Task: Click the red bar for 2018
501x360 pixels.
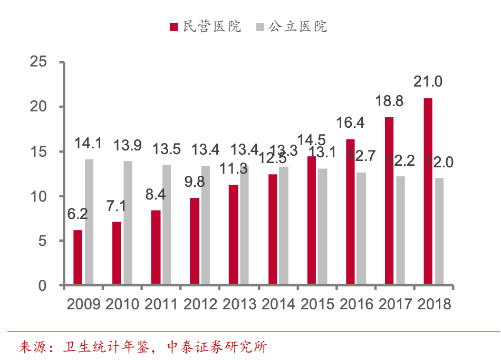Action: tap(428, 192)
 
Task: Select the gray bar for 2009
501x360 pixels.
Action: tap(89, 222)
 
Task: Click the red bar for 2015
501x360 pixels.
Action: tap(312, 221)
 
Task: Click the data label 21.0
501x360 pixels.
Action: tap(428, 82)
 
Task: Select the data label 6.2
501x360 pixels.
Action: tap(77, 214)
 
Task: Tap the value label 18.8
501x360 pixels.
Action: tap(389, 101)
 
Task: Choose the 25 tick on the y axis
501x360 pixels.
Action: tap(40, 62)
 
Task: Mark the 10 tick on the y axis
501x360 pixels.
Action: tap(40, 196)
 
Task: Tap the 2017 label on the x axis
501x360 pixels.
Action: tap(395, 305)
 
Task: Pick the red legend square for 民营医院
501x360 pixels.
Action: tap(174, 27)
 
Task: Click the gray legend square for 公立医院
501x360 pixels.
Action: tap(259, 27)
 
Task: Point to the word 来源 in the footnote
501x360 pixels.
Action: tap(31, 347)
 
